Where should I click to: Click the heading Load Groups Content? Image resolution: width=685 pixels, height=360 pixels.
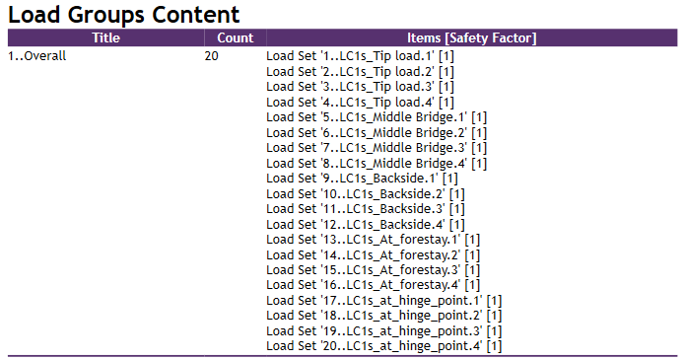tap(124, 15)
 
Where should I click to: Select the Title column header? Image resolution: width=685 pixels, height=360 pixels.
tap(104, 37)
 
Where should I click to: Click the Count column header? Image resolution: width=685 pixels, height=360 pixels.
tap(235, 37)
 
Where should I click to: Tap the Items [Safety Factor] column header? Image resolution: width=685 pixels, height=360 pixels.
tap(472, 37)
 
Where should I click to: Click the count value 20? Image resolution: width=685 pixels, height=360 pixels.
tap(212, 56)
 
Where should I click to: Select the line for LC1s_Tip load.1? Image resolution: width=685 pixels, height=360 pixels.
tap(360, 56)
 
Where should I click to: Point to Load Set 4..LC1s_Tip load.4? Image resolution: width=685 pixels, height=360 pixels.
tap(360, 102)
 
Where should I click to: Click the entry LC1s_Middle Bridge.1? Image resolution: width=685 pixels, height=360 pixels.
tap(377, 117)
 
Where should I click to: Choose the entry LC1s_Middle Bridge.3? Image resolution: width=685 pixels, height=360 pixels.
tap(377, 148)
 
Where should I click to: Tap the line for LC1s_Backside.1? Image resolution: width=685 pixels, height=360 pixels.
tap(362, 179)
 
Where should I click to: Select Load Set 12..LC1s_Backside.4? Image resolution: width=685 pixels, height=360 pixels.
tap(366, 224)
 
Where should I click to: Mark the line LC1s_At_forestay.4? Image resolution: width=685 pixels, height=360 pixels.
tap(374, 285)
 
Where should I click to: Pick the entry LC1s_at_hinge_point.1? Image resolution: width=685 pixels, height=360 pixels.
tap(384, 301)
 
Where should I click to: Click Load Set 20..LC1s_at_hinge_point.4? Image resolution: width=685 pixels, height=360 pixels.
tap(384, 346)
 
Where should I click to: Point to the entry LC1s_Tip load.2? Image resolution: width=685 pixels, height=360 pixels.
tap(360, 71)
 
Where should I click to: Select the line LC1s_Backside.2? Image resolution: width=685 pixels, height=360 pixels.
tap(366, 193)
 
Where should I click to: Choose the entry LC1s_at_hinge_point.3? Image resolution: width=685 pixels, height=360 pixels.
tap(384, 331)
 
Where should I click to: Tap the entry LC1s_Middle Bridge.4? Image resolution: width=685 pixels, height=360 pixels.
tap(377, 163)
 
